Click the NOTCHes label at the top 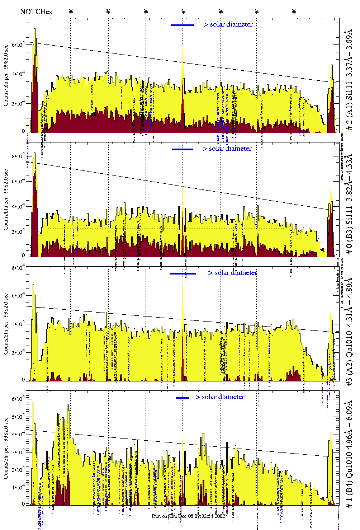pyautogui.click(x=36, y=11)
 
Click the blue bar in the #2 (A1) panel pyautogui.click(x=183, y=25)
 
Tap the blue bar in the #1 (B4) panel pyautogui.click(x=183, y=398)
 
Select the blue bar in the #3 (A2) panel pyautogui.click(x=183, y=273)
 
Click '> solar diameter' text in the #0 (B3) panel pyautogui.click(x=227, y=149)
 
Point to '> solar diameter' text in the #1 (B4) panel pyautogui.click(x=220, y=397)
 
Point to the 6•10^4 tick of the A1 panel pyautogui.click(x=18, y=44)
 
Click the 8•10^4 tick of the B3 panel pyautogui.click(x=18, y=156)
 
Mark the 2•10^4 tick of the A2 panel pyautogui.click(x=18, y=352)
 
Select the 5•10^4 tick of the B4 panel pyautogui.click(x=18, y=417)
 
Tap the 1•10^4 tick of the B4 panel pyautogui.click(x=18, y=487)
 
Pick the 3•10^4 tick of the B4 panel pyautogui.click(x=18, y=452)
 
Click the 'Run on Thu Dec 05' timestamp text pyautogui.click(x=189, y=516)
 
